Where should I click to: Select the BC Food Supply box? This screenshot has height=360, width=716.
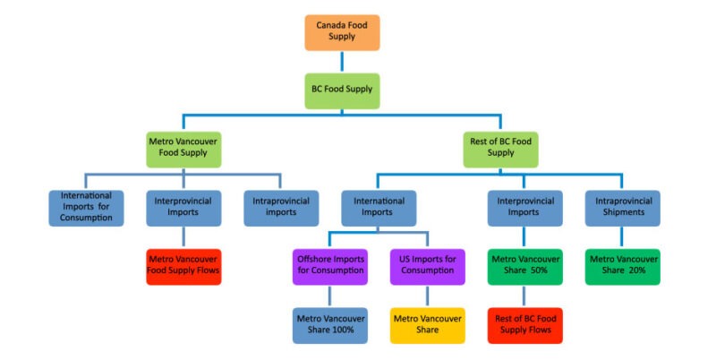coord(342,90)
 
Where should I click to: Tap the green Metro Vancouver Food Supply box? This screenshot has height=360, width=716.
coord(183,148)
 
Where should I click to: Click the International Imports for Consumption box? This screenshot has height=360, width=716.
coord(87,208)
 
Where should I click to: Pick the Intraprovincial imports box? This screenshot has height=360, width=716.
coord(280,208)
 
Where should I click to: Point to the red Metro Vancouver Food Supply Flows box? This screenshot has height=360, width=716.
coord(183,266)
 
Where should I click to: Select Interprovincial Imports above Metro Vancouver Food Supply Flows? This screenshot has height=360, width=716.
coord(183,208)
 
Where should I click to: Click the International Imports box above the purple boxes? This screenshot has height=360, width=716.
coord(378,208)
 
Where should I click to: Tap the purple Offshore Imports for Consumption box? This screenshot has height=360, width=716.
coord(329,266)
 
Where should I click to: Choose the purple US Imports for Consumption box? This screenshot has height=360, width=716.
coord(427,266)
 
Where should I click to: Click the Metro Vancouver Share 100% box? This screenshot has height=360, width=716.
coord(329,324)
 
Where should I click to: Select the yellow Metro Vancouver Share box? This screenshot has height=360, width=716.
coord(427,324)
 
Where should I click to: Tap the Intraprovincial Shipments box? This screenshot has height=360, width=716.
coord(622,208)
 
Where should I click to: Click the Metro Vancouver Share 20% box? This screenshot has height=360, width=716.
coord(622,266)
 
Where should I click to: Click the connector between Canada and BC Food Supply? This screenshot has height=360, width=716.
coord(342,61)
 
